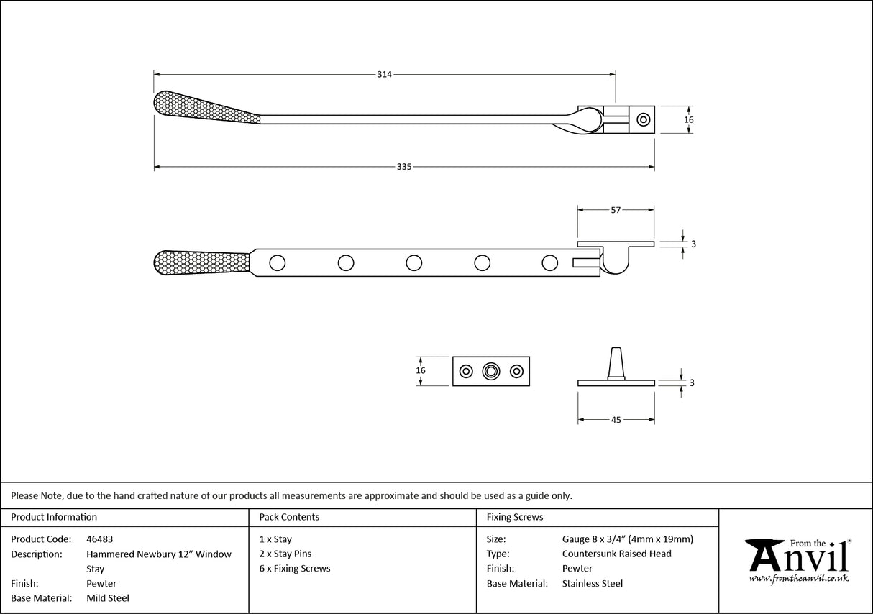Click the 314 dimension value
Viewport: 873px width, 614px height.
click(x=384, y=74)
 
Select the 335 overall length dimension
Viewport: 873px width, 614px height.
click(x=403, y=167)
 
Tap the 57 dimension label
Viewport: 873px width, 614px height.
click(x=616, y=210)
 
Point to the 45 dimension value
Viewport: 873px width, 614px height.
click(x=616, y=420)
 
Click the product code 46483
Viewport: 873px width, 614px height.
click(x=99, y=539)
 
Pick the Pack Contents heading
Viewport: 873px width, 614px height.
click(x=289, y=517)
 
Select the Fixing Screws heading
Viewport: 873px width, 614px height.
click(x=515, y=517)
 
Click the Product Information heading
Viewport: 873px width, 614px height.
click(x=54, y=517)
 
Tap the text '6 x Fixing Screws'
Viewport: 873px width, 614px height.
click(x=295, y=569)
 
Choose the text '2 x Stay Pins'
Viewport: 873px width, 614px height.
click(x=285, y=554)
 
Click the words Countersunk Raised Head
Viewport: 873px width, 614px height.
click(x=616, y=554)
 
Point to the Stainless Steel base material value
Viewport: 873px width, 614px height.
click(x=592, y=584)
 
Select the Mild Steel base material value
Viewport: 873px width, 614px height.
click(x=108, y=598)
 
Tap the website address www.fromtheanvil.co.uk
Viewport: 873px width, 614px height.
click(x=798, y=578)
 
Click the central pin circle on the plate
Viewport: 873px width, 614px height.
click(x=491, y=371)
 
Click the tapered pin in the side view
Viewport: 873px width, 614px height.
click(x=616, y=361)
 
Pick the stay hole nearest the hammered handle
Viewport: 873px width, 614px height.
click(x=278, y=262)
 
